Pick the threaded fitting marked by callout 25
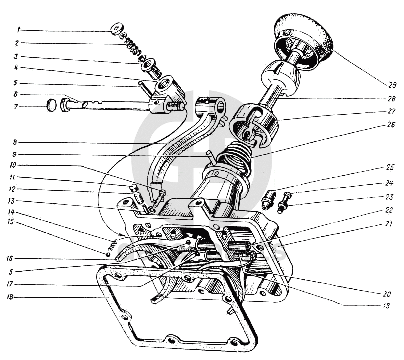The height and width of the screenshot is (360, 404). pos(267,200)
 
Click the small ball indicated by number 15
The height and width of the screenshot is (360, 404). pos(107,254)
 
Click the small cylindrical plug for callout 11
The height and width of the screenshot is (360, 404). pos(133,188)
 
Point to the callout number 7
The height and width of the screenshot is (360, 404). pos(16,107)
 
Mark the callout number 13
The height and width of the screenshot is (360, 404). pos(16,201)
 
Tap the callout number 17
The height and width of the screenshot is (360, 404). pos(16,285)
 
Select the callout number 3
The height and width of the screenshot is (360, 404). pos(16,57)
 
